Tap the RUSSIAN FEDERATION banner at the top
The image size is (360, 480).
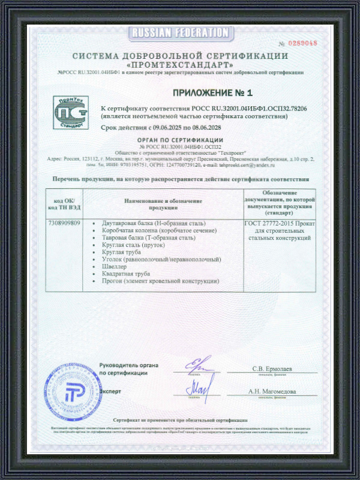click(x=180, y=32)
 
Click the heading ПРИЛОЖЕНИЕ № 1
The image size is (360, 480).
click(x=212, y=92)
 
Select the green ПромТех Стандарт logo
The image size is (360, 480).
click(x=71, y=112)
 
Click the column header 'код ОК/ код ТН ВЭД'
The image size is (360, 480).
click(x=64, y=203)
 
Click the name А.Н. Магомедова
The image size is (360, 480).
click(x=273, y=391)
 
